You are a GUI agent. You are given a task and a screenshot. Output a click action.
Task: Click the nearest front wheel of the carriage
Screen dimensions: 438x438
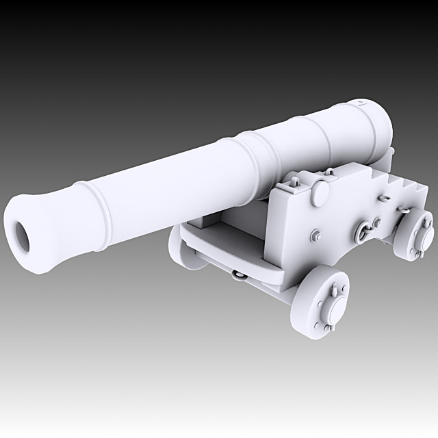tap(324, 300)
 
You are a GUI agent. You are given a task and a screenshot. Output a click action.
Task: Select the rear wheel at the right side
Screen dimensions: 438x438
tap(415, 235)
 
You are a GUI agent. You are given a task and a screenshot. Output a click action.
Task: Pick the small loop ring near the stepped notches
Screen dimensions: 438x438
tap(385, 196)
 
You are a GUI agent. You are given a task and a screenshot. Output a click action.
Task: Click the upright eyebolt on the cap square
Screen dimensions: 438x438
tap(295, 183)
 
